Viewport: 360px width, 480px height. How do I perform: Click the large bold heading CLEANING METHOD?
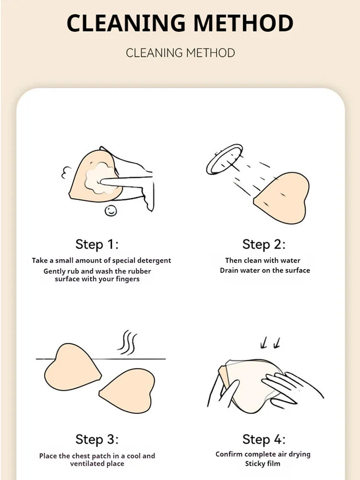(180, 23)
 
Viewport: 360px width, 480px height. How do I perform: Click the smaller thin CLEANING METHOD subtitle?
(180, 52)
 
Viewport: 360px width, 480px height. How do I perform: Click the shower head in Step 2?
(224, 159)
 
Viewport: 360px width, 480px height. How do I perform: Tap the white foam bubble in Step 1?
(97, 178)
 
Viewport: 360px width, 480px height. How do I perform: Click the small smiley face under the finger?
(111, 210)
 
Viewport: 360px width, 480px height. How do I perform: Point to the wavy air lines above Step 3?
(128, 342)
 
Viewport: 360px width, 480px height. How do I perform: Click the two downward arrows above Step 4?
(270, 343)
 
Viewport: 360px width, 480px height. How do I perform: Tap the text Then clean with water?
(263, 261)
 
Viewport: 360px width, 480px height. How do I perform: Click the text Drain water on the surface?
(265, 270)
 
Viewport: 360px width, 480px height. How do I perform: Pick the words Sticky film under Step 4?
(263, 464)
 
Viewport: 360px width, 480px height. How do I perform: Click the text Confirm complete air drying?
(263, 454)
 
